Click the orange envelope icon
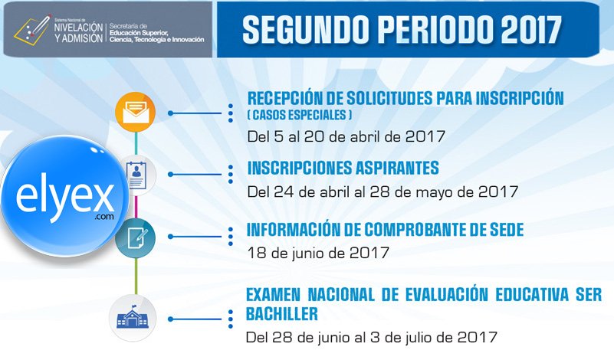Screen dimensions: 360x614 [136, 113]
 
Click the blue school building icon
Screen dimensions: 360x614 [133, 317]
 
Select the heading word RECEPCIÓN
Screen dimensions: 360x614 [287, 98]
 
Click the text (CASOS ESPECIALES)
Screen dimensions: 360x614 [300, 115]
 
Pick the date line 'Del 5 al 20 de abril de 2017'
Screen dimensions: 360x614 [346, 136]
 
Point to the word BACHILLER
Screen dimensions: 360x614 [281, 313]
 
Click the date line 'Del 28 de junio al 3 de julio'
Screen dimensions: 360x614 [372, 336]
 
